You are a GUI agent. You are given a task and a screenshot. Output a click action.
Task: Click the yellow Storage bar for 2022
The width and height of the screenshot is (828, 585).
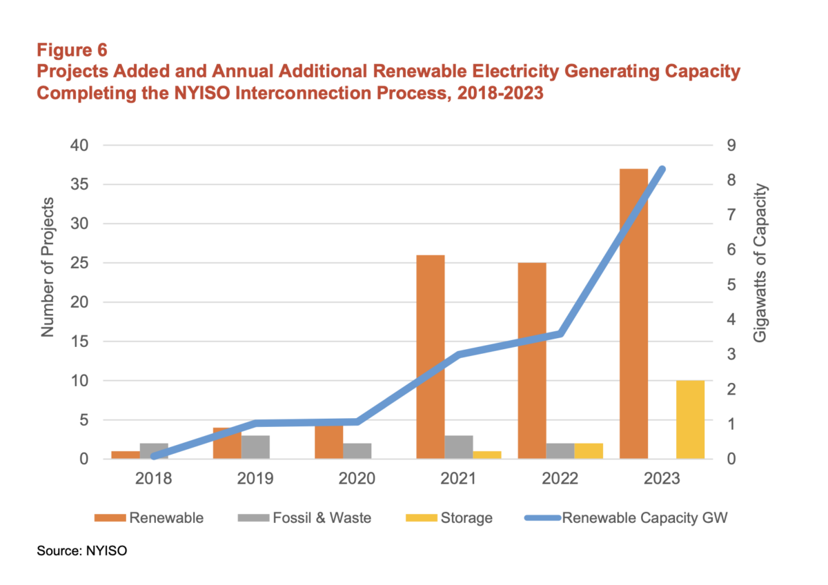pyautogui.click(x=589, y=451)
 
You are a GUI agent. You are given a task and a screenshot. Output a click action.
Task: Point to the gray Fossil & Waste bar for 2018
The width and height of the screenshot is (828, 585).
pyautogui.click(x=154, y=449)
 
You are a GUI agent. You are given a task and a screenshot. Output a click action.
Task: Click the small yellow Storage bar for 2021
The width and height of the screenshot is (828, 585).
pyautogui.click(x=487, y=455)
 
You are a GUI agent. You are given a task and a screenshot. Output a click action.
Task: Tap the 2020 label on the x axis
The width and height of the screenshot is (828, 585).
pyautogui.click(x=357, y=478)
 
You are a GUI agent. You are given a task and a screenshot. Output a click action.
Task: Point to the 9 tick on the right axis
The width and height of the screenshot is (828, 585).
pyautogui.click(x=729, y=146)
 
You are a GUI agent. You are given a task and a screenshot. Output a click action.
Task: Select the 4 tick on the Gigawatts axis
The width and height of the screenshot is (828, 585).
pyautogui.click(x=729, y=319)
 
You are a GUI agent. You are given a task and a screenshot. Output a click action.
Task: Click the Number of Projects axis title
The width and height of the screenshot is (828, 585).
pyautogui.click(x=48, y=267)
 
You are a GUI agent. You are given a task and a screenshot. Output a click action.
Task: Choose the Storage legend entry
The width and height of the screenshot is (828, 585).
pyautogui.click(x=466, y=517)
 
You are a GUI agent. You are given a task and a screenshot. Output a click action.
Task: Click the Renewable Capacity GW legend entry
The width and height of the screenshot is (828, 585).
pyautogui.click(x=645, y=517)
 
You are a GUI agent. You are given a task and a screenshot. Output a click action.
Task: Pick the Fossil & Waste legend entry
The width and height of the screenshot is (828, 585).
pyautogui.click(x=328, y=517)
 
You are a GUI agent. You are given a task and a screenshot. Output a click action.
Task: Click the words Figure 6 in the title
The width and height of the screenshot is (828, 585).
pyautogui.click(x=70, y=50)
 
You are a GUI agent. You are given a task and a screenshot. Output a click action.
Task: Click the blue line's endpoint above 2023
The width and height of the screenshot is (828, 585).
pyautogui.click(x=661, y=170)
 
